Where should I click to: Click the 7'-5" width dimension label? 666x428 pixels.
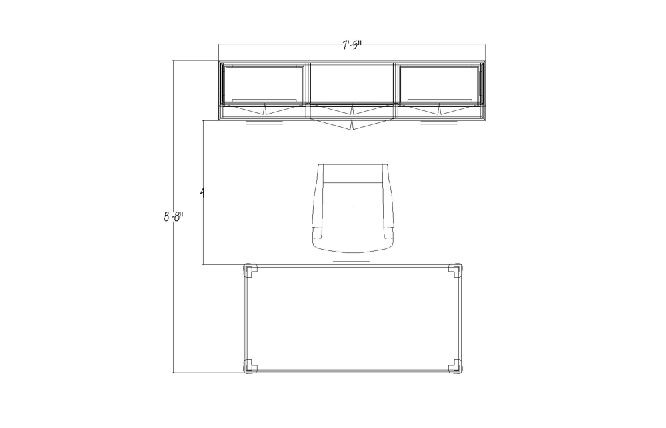[352, 45]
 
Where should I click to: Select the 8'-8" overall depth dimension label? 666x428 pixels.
[173, 217]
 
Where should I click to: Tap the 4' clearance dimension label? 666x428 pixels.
[203, 192]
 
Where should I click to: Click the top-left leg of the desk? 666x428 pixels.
[250, 270]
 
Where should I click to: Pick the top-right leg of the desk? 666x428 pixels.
[456, 270]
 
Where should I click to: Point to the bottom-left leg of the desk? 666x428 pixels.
[250, 367]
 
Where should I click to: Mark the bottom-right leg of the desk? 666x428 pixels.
[456, 367]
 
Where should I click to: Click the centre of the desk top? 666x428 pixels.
[353, 318]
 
